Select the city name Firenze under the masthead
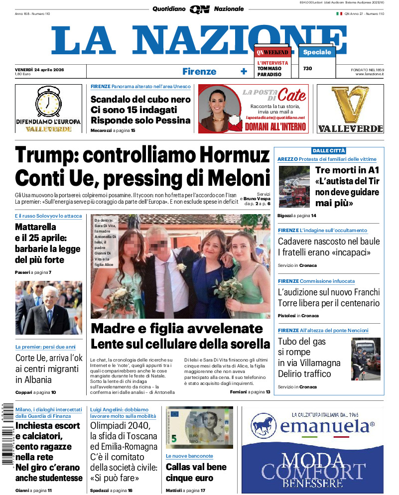click(199, 71)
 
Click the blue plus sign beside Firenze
click(244, 71)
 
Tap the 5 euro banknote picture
click(199, 428)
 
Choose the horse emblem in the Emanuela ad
click(264, 426)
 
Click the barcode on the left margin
click(7, 434)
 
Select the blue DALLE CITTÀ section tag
click(329, 150)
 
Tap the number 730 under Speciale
click(307, 68)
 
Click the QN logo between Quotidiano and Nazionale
click(199, 9)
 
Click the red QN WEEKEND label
click(272, 52)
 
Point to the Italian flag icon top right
click(339, 13)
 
